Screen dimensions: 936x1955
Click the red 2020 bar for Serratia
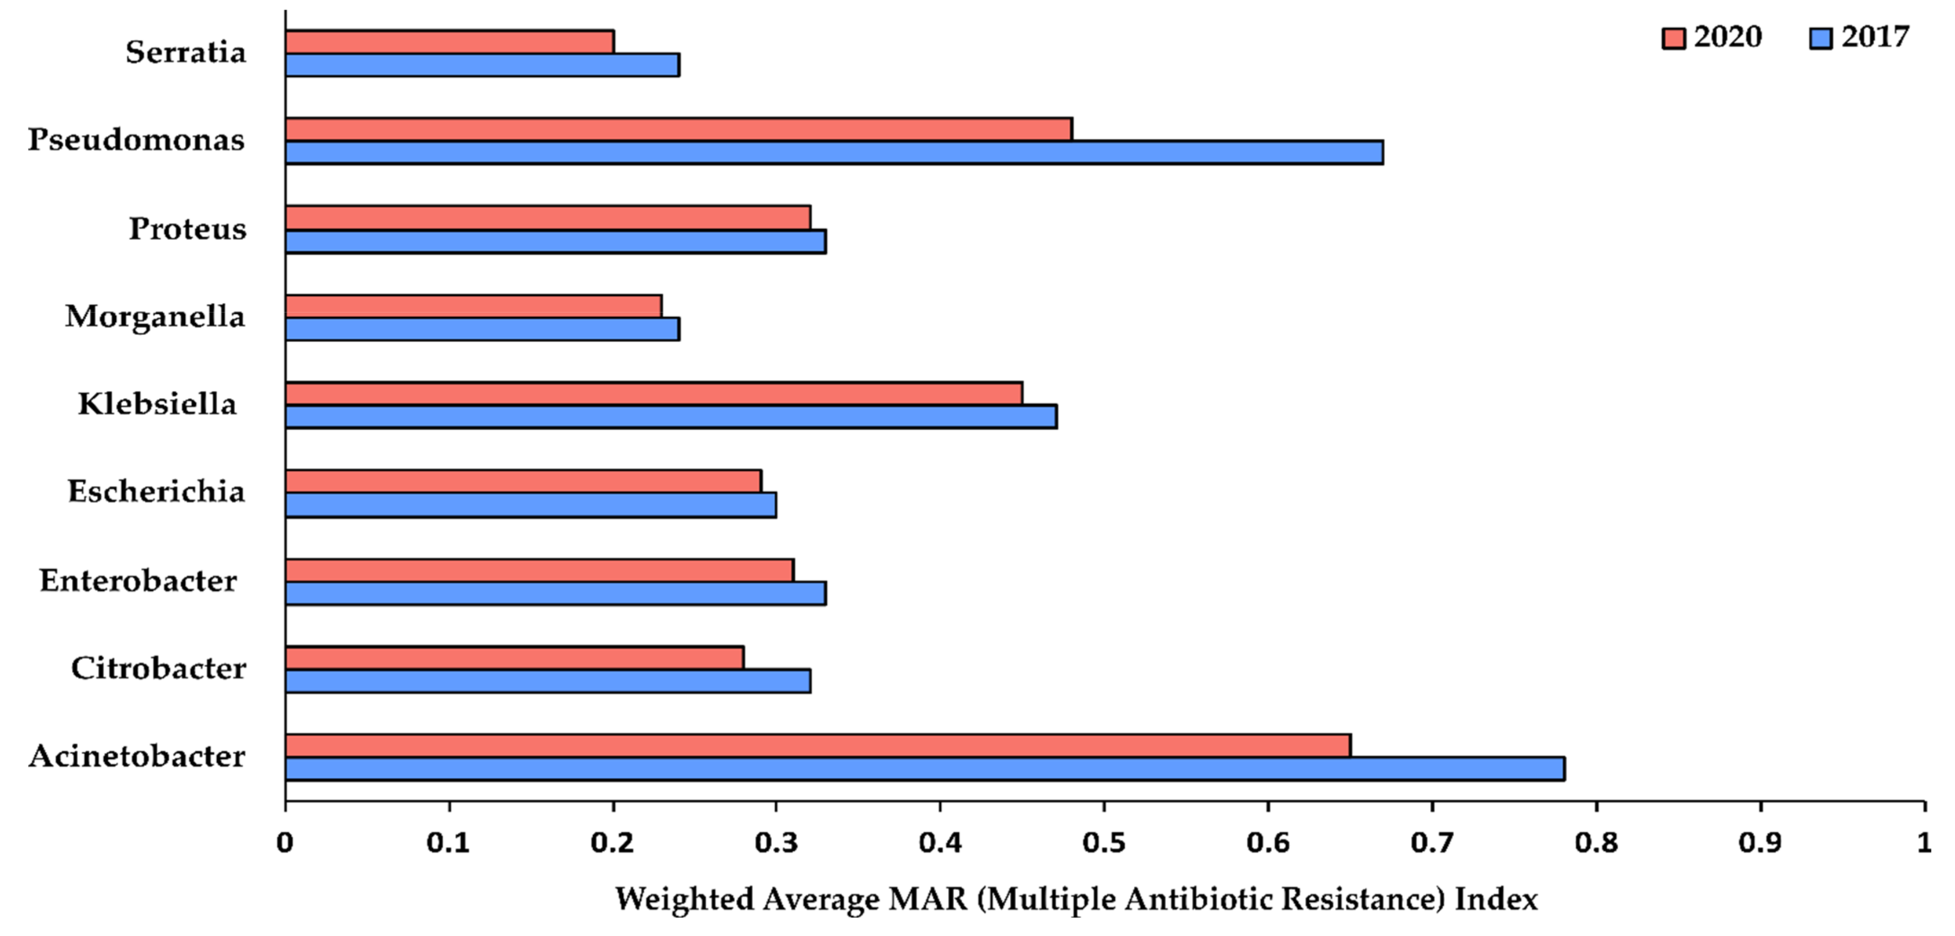coord(449,42)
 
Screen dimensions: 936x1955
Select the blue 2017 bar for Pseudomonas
coord(833,153)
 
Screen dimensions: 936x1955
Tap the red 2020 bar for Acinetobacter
coord(817,746)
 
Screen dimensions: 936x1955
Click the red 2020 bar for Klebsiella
coord(653,393)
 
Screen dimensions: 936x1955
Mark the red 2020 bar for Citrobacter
coord(514,657)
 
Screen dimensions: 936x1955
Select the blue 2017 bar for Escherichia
coord(530,505)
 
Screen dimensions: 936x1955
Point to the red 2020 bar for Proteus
coord(548,218)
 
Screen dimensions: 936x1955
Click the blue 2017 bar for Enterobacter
coord(556,593)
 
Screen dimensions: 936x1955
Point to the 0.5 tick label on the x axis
coord(1104,843)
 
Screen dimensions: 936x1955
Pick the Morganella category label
coord(155,316)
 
